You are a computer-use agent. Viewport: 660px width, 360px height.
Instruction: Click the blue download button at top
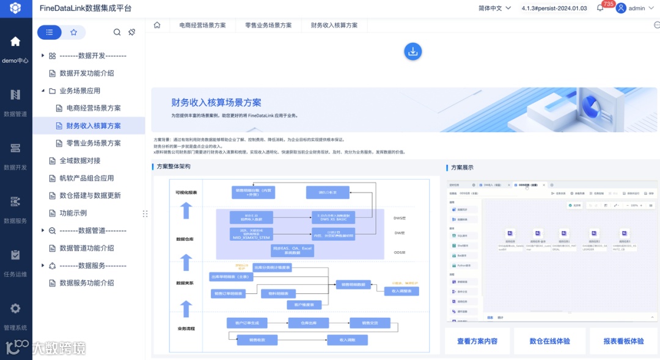pyautogui.click(x=413, y=51)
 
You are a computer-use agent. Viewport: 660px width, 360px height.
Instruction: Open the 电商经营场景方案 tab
pyautogui.click(x=202, y=26)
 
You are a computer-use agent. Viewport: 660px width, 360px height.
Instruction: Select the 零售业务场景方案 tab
pyautogui.click(x=268, y=26)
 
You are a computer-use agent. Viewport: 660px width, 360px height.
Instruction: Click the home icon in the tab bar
pyautogui.click(x=157, y=26)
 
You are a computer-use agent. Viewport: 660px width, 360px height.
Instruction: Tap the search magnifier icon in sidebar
pyautogui.click(x=117, y=32)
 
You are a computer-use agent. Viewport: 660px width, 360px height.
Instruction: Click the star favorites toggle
pyautogui.click(x=74, y=32)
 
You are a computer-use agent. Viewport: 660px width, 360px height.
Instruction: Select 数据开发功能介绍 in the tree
pyautogui.click(x=86, y=73)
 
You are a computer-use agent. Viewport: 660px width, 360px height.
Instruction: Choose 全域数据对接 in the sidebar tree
pyautogui.click(x=79, y=161)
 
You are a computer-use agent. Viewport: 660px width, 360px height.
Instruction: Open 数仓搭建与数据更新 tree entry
pyautogui.click(x=90, y=196)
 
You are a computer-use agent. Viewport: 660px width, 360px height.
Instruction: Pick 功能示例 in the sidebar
pyautogui.click(x=73, y=213)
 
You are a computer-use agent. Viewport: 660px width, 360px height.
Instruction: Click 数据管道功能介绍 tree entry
pyautogui.click(x=86, y=248)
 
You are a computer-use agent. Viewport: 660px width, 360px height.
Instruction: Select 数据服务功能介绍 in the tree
pyautogui.click(x=86, y=283)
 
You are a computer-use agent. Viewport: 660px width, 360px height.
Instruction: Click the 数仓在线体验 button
pyautogui.click(x=549, y=341)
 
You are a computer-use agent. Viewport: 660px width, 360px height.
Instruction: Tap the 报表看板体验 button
pyautogui.click(x=623, y=341)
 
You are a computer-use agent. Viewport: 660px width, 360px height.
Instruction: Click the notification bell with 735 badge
pyautogui.click(x=601, y=8)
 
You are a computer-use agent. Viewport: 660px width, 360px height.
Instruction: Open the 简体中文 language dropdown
pyautogui.click(x=494, y=9)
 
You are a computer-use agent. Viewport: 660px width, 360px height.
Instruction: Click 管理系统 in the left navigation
pyautogui.click(x=15, y=315)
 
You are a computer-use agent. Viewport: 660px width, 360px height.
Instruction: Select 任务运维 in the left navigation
pyautogui.click(x=15, y=262)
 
